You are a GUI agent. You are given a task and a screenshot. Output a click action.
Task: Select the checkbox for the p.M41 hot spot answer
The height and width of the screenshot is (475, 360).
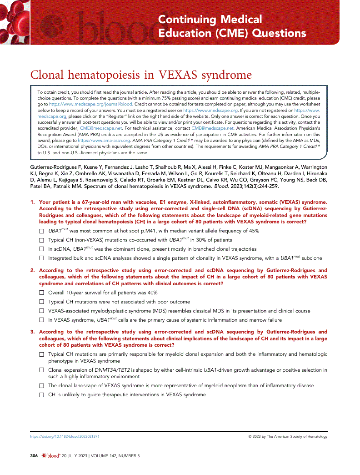tap(41, 232)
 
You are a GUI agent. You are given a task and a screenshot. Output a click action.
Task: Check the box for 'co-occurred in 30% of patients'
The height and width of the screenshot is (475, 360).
tap(41, 240)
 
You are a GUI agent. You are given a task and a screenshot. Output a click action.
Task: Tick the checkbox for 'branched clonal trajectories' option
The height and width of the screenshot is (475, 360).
tap(41, 249)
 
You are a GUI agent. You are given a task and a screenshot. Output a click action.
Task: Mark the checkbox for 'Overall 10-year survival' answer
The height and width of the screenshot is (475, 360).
tap(41, 293)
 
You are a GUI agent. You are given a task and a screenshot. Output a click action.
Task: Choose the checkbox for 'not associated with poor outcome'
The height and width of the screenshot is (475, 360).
tap(41, 302)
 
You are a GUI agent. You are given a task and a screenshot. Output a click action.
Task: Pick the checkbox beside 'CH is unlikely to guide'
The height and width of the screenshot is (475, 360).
tap(41, 394)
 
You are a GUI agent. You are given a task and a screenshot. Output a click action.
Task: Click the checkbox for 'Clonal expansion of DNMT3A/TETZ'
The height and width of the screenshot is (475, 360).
tap(41, 370)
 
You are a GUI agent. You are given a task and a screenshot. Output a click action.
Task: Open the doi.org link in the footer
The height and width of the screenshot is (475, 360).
tap(65, 436)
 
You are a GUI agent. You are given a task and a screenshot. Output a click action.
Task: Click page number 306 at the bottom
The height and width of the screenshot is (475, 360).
tap(34, 455)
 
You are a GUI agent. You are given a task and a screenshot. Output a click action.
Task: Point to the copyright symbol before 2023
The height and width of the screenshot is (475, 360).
tap(250, 436)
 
